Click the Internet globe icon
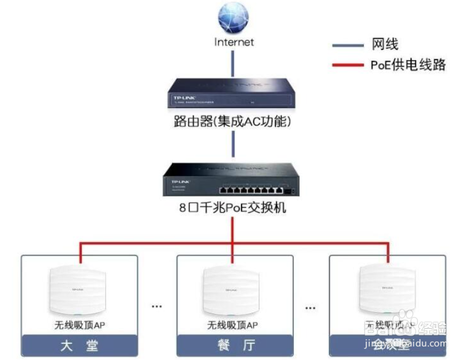click(x=233, y=18)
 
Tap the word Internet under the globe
click(x=234, y=42)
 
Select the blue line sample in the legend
click(x=347, y=45)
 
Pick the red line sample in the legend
click(x=347, y=66)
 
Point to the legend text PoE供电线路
click(x=408, y=65)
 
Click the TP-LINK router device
click(x=233, y=93)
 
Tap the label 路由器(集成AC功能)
click(x=233, y=121)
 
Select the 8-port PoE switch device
click(x=233, y=179)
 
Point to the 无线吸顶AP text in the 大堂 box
click(x=79, y=325)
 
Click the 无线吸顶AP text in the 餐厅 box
click(x=233, y=325)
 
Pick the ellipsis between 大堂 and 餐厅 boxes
click(x=157, y=306)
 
